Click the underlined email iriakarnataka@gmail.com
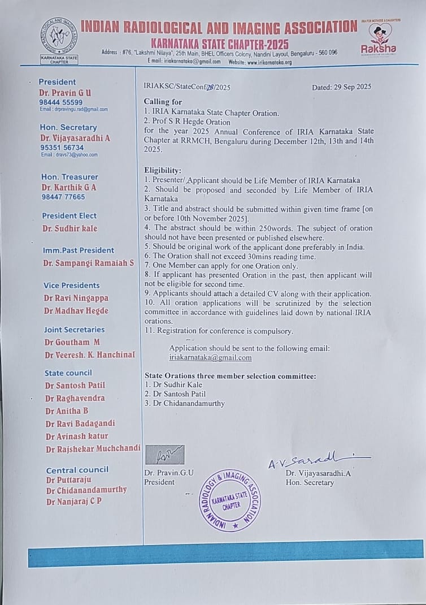pyautogui.click(x=210, y=357)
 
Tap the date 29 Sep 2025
pyautogui.click(x=341, y=87)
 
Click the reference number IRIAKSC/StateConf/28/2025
pyautogui.click(x=187, y=87)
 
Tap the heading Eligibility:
pyautogui.click(x=163, y=170)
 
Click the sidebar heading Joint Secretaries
pyautogui.click(x=74, y=329)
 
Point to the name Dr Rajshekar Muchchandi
pyautogui.click(x=93, y=449)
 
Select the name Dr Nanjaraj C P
pyautogui.click(x=74, y=502)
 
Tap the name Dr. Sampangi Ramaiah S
pyautogui.click(x=88, y=263)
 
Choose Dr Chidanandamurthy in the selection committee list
pyautogui.click(x=188, y=403)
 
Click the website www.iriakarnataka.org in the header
pyautogui.click(x=269, y=62)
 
